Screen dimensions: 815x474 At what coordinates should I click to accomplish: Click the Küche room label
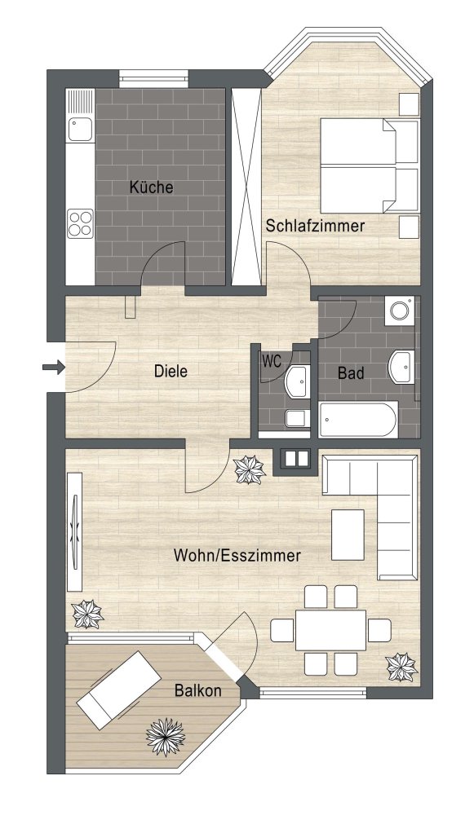(151, 187)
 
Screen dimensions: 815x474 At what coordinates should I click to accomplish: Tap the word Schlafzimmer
(315, 226)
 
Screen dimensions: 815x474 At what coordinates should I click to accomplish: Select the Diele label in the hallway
(171, 372)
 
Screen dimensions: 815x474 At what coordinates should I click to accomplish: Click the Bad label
(350, 373)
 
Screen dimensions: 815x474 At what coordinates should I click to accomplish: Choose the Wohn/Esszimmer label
(237, 556)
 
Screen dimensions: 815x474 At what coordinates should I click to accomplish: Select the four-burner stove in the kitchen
(80, 222)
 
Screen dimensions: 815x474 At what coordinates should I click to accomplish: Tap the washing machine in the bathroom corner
(400, 311)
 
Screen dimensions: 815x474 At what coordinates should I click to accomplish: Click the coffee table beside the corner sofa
(348, 535)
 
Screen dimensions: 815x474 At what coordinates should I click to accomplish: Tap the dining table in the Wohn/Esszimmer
(330, 630)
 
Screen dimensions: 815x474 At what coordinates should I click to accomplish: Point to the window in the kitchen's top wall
(154, 78)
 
